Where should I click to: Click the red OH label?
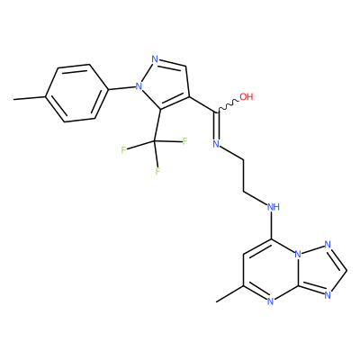(x=247, y=96)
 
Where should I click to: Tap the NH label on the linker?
(x=274, y=207)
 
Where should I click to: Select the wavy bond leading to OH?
(x=228, y=106)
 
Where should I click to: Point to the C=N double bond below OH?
(x=217, y=126)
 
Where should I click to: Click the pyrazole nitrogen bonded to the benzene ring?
(x=139, y=86)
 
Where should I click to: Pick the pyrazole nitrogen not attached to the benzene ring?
(x=155, y=59)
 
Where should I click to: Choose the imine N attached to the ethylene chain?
(x=216, y=144)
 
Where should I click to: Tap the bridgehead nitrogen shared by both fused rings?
(x=298, y=255)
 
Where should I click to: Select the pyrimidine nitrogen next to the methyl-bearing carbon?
(x=270, y=301)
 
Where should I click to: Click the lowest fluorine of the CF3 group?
(x=157, y=171)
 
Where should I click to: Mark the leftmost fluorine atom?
(x=123, y=150)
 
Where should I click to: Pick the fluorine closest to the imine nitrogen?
(x=184, y=141)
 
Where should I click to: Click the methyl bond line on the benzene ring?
(x=30, y=98)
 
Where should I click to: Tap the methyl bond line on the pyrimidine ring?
(x=229, y=293)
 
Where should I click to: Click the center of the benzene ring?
(x=76, y=93)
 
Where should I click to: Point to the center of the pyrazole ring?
(x=166, y=83)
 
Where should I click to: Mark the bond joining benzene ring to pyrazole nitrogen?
(x=121, y=88)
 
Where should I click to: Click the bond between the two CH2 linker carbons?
(x=244, y=175)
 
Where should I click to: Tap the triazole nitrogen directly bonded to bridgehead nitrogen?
(x=328, y=245)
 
